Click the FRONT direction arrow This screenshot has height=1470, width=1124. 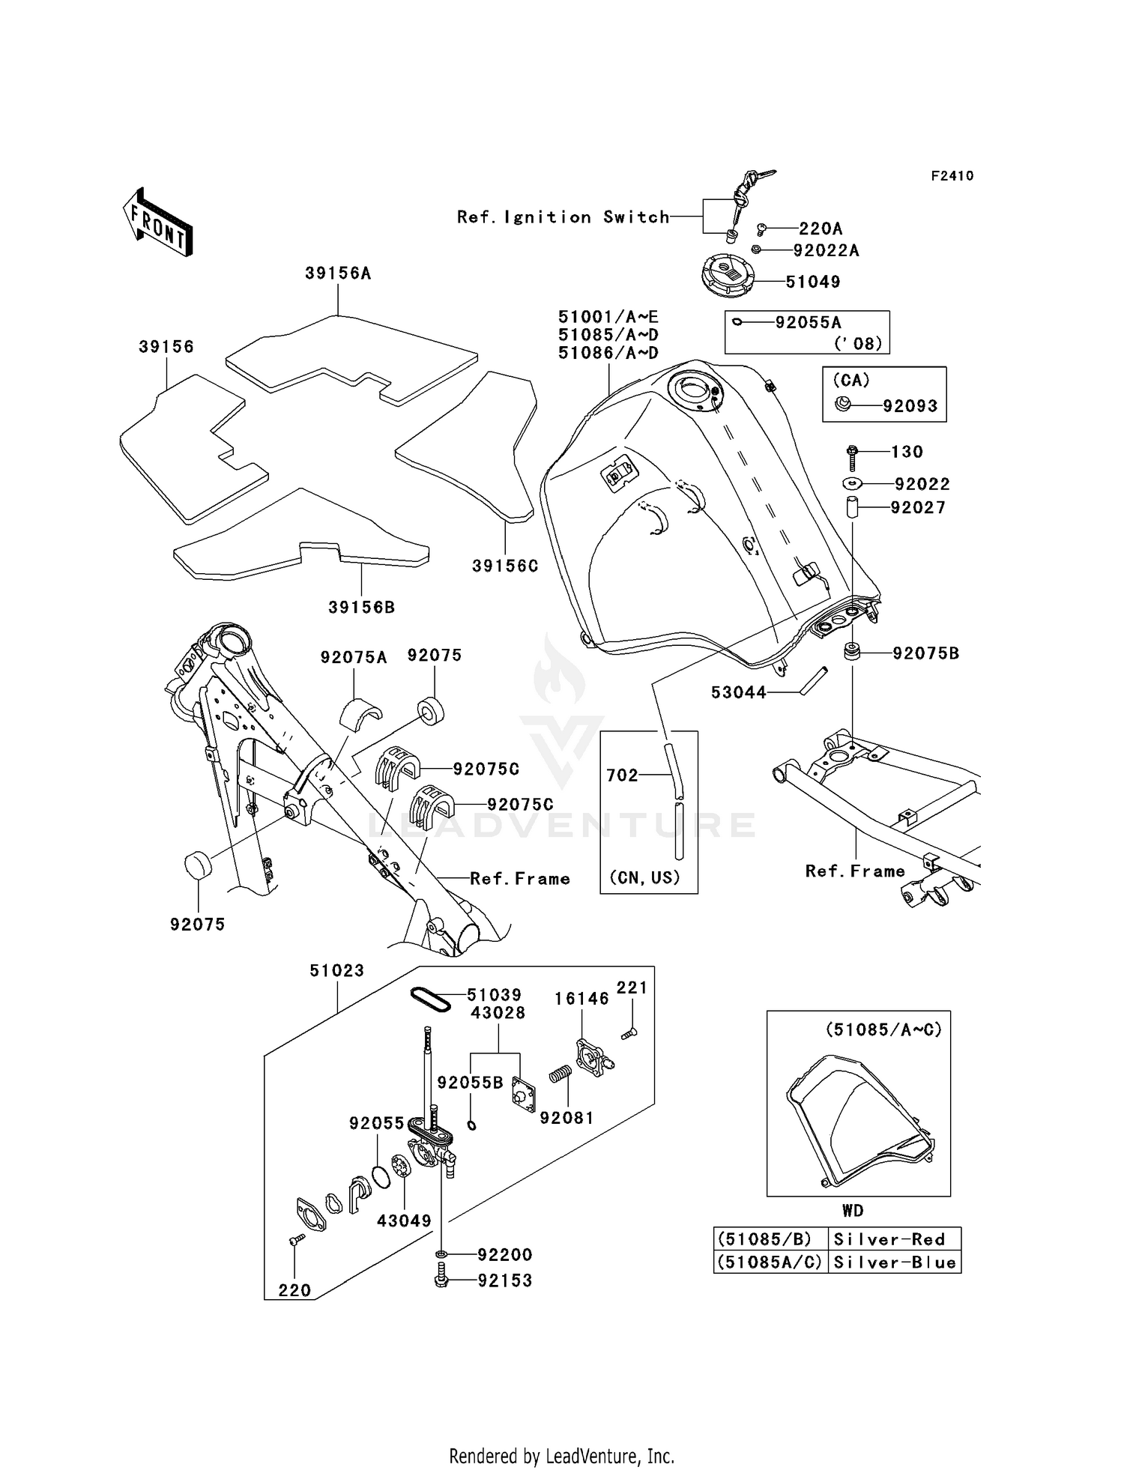(158, 223)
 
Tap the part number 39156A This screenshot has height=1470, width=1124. (338, 273)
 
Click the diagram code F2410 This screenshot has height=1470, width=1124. (952, 176)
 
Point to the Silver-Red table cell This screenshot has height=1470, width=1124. (889, 1239)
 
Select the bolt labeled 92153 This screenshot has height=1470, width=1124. (441, 1280)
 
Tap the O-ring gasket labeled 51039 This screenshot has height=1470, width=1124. (430, 999)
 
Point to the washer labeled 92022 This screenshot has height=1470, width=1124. (853, 484)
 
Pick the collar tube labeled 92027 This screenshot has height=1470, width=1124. (853, 507)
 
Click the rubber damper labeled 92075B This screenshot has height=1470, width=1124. (851, 651)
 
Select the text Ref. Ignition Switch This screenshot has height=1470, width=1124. (563, 217)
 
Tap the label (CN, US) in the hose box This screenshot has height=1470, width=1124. (644, 877)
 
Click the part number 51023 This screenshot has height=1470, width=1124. (336, 970)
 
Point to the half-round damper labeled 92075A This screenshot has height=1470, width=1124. (360, 712)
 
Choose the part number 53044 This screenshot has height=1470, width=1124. (738, 693)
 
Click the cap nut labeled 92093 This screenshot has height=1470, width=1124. (843, 405)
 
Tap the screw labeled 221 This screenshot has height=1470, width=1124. (628, 1034)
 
